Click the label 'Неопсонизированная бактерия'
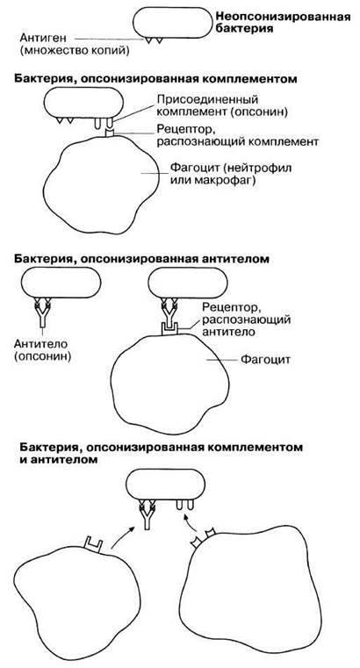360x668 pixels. [283, 23]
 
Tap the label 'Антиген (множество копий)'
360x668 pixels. [74, 44]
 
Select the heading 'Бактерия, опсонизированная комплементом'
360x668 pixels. [155, 79]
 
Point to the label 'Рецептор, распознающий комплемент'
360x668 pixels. [237, 134]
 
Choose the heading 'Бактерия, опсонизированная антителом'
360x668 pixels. [142, 259]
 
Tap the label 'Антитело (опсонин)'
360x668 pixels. [42, 349]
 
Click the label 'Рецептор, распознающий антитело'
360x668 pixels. [247, 319]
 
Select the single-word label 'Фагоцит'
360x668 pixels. [265, 360]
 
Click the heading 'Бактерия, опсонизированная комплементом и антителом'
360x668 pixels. [158, 453]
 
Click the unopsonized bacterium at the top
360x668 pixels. [172, 23]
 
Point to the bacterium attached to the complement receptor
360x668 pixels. [83, 103]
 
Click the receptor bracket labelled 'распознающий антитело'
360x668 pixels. [169, 329]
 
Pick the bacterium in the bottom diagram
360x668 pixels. [166, 485]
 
